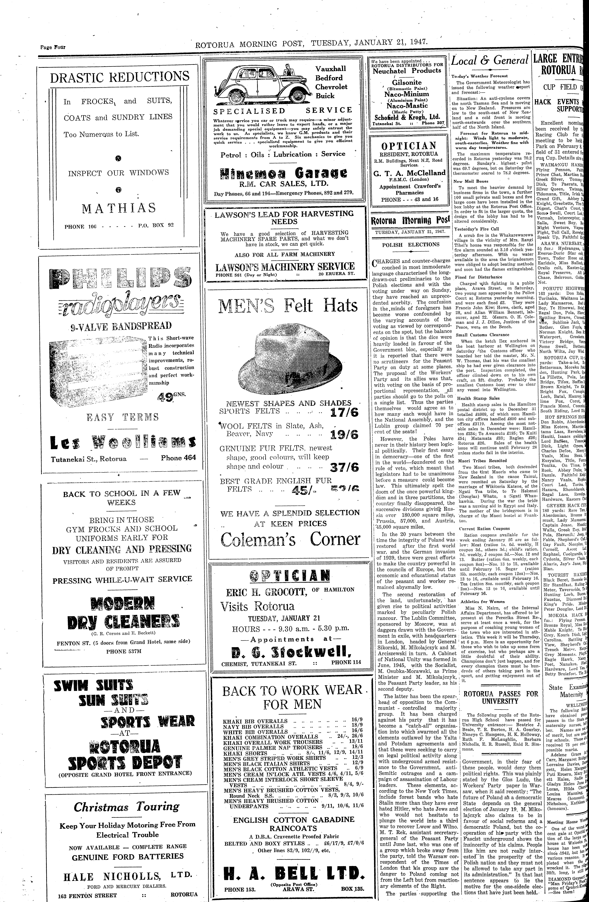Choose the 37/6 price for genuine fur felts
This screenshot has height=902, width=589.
coord(344,467)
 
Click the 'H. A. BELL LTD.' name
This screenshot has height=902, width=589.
coord(294,871)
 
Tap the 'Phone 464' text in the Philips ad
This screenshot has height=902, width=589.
coord(178,457)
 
